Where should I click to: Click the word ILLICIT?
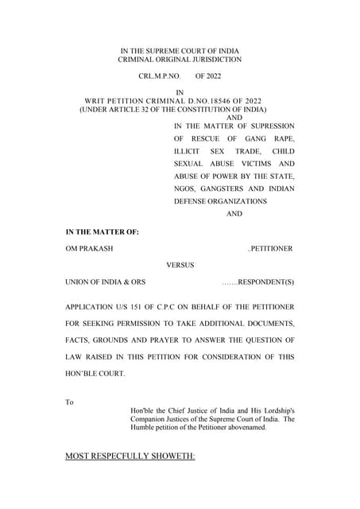pyautogui.click(x=189, y=151)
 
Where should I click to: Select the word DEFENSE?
pyautogui.click(x=194, y=202)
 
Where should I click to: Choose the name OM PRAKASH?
pyautogui.click(x=89, y=249)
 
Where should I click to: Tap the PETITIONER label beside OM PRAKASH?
pyautogui.click(x=272, y=249)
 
